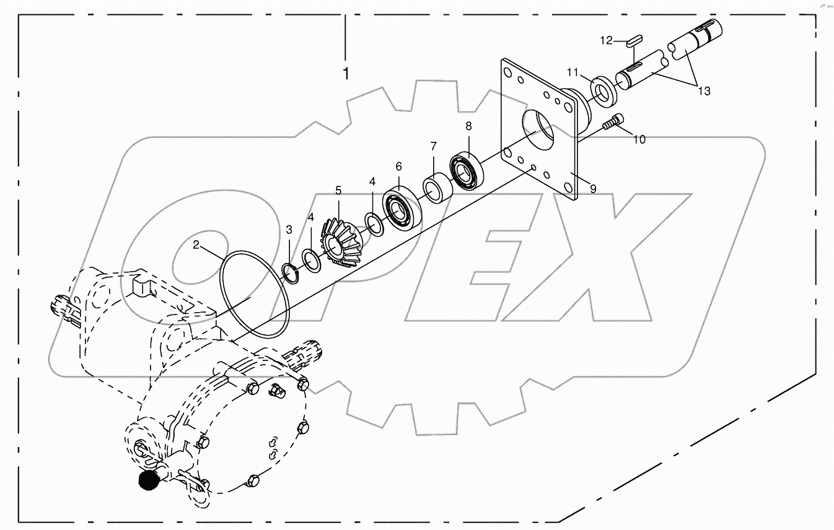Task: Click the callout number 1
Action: coord(346,74)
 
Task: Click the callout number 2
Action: coord(196,245)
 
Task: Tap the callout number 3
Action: coord(289,230)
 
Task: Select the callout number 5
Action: coord(338,190)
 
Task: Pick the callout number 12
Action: coord(606,41)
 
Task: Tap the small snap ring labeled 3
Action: coord(291,271)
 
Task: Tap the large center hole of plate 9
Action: coord(537,131)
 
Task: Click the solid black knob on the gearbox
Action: coord(148,480)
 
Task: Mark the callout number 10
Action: coord(639,139)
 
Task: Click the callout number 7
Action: coord(434,147)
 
